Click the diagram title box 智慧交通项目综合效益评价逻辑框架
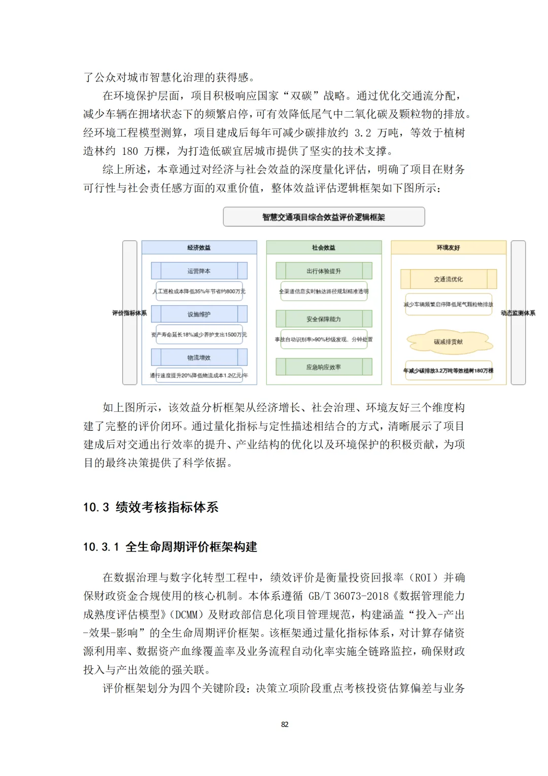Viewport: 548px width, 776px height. tap(324, 217)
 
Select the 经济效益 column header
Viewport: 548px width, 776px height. tap(199, 247)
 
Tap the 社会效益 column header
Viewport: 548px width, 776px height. tap(324, 247)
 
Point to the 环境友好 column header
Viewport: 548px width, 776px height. tap(449, 247)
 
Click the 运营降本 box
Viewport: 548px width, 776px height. tap(199, 271)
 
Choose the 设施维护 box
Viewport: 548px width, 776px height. tap(199, 314)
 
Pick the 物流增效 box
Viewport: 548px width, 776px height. tap(199, 357)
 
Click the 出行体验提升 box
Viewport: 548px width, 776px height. tap(324, 271)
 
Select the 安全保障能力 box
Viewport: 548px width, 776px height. tap(324, 319)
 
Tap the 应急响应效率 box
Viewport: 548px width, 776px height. tap(324, 367)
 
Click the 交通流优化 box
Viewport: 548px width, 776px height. tap(449, 279)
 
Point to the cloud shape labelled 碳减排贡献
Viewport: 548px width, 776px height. tap(449, 342)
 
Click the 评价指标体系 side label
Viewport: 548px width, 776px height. tap(129, 313)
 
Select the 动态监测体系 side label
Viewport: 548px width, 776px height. tap(518, 313)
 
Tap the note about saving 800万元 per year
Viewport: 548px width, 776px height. tap(199, 292)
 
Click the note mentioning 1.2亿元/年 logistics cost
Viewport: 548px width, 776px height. tap(199, 375)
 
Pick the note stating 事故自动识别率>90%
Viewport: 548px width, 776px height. tap(324, 339)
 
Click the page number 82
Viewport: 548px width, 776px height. tap(285, 724)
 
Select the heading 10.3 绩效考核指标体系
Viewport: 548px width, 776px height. tap(151, 507)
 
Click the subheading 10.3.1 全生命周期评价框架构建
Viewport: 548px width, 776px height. tap(170, 546)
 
